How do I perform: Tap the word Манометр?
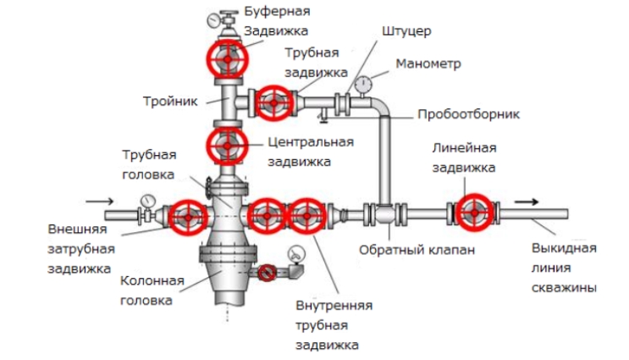click(428, 64)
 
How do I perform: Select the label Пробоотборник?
click(468, 114)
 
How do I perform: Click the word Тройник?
click(170, 101)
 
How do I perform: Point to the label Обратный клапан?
click(406, 250)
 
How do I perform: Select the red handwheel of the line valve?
click(473, 214)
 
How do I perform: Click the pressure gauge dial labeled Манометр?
click(365, 84)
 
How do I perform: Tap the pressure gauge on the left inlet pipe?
click(148, 201)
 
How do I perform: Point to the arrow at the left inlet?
click(99, 202)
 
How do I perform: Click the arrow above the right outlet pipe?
click(527, 202)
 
